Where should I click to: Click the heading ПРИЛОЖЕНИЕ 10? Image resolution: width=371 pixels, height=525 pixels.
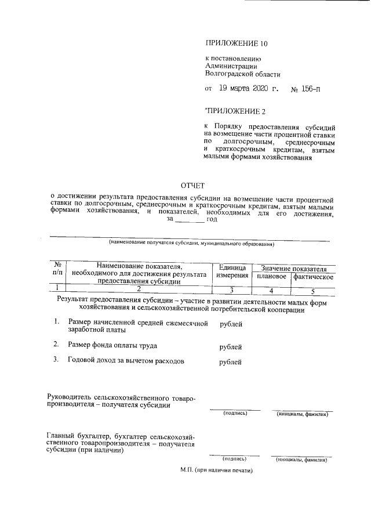tap(237, 44)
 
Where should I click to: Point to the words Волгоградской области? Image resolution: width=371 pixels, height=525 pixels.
tap(242, 74)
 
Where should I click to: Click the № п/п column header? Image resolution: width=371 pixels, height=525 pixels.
tap(57, 267)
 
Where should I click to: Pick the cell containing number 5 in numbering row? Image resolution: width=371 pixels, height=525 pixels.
tap(312, 291)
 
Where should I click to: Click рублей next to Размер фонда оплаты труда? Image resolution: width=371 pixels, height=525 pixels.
tap(231, 347)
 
